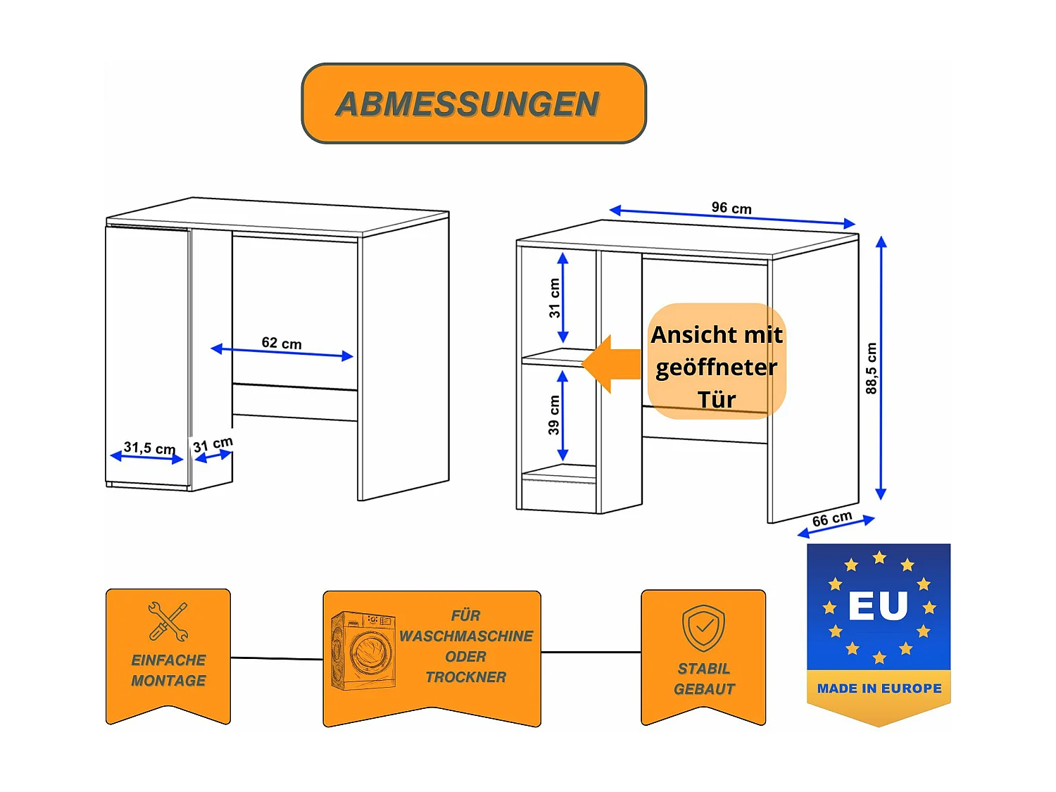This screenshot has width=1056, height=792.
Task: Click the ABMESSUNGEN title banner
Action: [x=473, y=103]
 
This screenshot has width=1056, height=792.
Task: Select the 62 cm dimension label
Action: [x=282, y=343]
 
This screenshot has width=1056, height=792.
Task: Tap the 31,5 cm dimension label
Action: [x=149, y=448]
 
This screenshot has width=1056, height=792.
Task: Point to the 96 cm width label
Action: [x=731, y=208]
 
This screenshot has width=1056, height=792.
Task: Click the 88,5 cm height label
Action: [x=872, y=368]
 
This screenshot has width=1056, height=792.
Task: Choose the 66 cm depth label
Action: [x=832, y=520]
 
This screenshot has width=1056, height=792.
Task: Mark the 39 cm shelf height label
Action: [x=554, y=415]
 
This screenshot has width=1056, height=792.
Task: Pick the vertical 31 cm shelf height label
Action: [x=555, y=298]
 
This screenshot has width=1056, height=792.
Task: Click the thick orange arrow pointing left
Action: [x=611, y=364]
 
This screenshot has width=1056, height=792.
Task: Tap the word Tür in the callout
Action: [x=717, y=400]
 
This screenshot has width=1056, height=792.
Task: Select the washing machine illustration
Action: [x=363, y=650]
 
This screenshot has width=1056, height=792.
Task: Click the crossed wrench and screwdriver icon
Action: [x=168, y=621]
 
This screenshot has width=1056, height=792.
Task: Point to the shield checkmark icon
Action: [x=703, y=627]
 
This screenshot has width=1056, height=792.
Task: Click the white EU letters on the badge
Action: [x=878, y=605]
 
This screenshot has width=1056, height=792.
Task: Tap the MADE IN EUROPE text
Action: [x=879, y=689]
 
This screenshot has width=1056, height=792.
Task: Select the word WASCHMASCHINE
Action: [x=466, y=636]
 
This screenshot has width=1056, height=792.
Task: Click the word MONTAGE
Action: [x=168, y=681]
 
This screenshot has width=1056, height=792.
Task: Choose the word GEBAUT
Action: [x=704, y=689]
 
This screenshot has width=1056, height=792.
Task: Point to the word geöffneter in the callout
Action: [x=717, y=367]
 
